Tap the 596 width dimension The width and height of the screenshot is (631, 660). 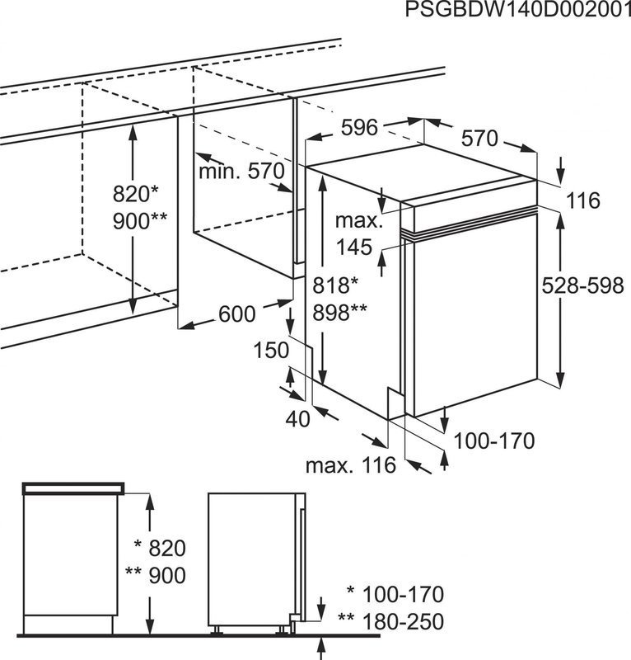(359, 128)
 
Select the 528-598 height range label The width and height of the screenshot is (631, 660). (584, 285)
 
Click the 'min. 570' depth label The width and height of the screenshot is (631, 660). (241, 172)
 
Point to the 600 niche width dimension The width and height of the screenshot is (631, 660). (237, 314)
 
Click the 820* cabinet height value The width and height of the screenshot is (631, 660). (136, 195)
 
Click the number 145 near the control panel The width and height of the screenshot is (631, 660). (355, 247)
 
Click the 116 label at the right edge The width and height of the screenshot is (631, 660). (582, 200)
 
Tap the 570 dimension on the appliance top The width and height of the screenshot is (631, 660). (479, 139)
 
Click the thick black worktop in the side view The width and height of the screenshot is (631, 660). (73, 488)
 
